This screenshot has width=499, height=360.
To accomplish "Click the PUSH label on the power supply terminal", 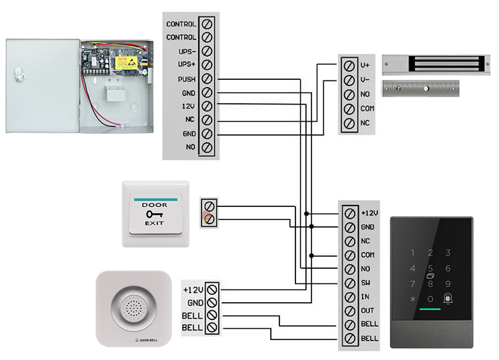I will tap(186, 79).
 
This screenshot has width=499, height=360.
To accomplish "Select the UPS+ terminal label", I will tap(186, 65).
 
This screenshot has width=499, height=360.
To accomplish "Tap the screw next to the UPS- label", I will tap(207, 51).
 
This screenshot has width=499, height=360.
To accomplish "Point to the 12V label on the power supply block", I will tap(188, 106).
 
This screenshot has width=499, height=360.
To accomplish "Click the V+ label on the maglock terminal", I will tap(365, 65).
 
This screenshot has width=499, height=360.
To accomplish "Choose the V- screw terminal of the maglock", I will tap(349, 80).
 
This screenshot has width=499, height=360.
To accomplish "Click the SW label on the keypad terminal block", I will tap(365, 283).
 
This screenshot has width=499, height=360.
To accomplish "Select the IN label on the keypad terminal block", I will tap(365, 297).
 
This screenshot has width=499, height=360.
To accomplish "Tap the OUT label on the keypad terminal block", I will tap(367, 311).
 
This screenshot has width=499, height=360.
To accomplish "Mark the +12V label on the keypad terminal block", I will tap(369, 213).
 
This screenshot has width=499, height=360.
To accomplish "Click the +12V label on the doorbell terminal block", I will tap(192, 289).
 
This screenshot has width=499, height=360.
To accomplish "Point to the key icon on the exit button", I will tap(155, 214).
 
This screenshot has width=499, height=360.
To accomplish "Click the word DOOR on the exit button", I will tap(155, 205).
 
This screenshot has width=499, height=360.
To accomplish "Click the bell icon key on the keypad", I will tap(448, 299).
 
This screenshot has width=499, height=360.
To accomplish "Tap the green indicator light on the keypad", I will tap(430, 311).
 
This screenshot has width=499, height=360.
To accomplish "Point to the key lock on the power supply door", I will tap(19, 77).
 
